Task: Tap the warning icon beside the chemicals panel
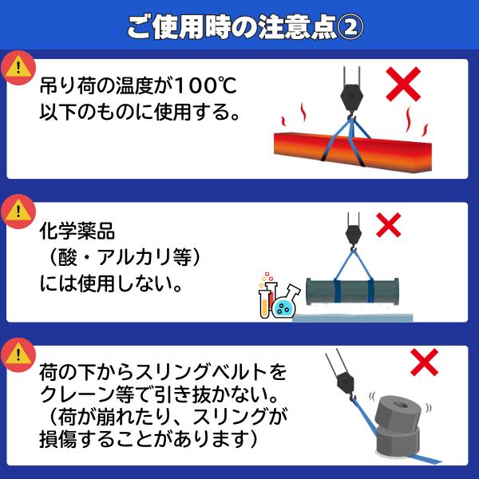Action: pos(15,211)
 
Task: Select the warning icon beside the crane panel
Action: pos(15,352)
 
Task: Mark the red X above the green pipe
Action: pos(388,225)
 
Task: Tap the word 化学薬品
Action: pos(77,232)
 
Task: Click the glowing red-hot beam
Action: pos(351,147)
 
